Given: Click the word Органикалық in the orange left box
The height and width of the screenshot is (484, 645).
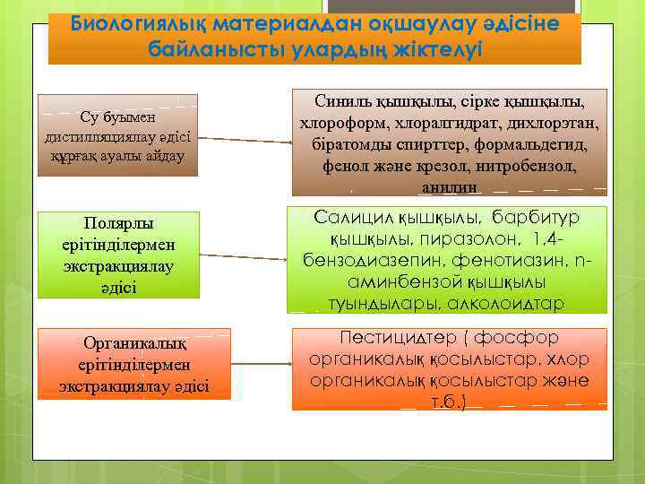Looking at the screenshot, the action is pyautogui.click(x=134, y=343).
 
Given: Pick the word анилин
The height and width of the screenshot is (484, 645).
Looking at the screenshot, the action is pyautogui.click(x=449, y=187).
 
